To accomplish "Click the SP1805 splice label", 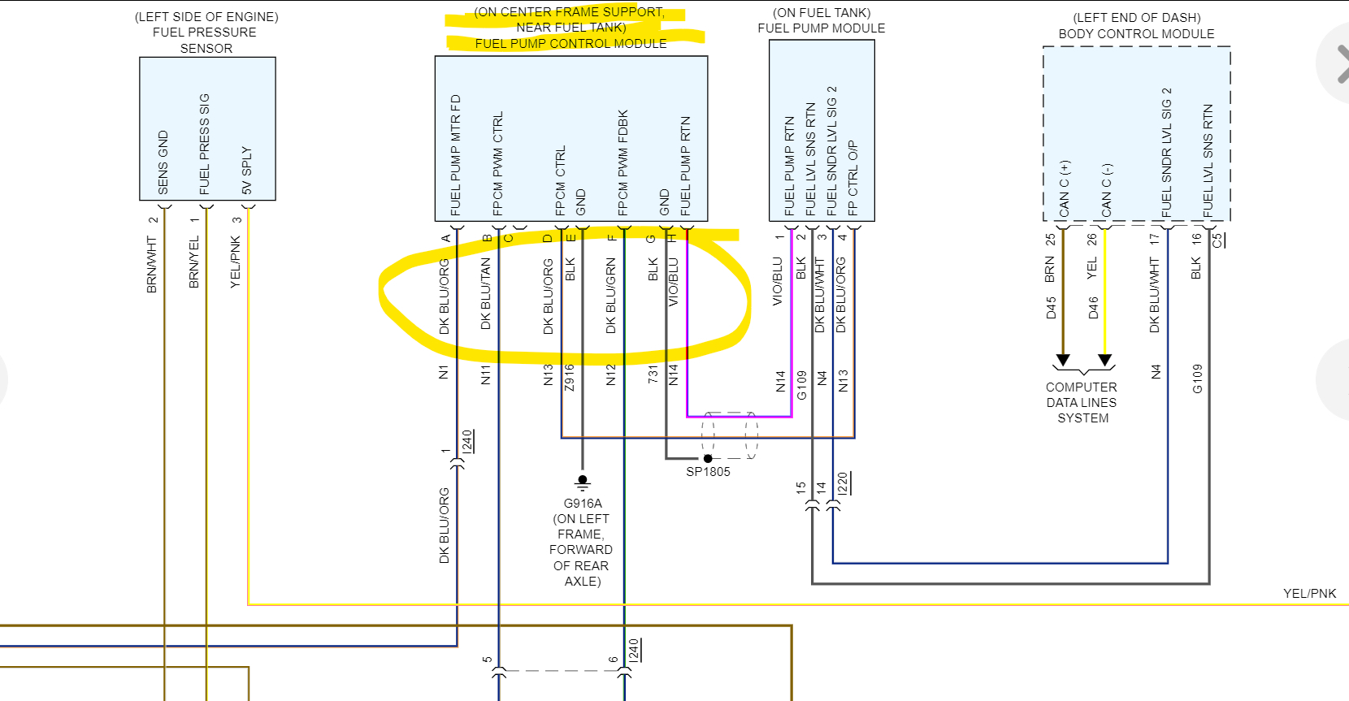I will coord(708,472).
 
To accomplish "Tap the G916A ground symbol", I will coord(582,482).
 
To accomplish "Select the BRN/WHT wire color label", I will coord(151,265).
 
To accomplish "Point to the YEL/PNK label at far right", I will coord(1309,594).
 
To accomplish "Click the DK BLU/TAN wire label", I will coord(486,293).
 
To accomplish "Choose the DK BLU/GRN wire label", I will coord(611,296).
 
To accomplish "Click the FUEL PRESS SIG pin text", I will coord(205,145).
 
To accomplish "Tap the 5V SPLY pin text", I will coord(247,171).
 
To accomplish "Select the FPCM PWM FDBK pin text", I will coord(623,162).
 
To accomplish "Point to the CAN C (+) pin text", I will coord(1065,188).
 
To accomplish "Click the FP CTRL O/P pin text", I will coord(852,178).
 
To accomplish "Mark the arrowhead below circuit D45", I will coord(1062,360).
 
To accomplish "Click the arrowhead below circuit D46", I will coord(1104,360).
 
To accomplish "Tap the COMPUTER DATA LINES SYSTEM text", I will coord(1082,403).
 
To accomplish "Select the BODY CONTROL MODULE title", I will coord(1136,34).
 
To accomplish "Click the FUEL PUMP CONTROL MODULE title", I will coord(570,44).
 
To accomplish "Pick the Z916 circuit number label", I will coord(570,378).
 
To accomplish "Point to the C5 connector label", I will coord(1217,240).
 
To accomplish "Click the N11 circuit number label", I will coord(486,374).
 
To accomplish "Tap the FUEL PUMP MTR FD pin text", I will coord(456,155).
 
